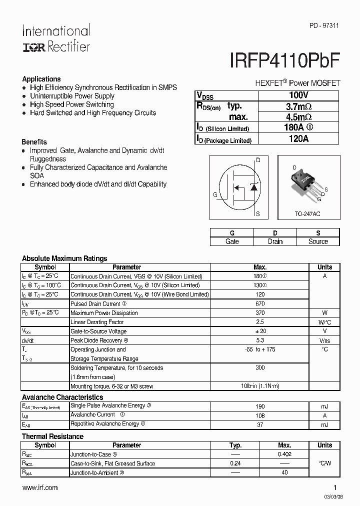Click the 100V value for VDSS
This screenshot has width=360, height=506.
[x=298, y=94]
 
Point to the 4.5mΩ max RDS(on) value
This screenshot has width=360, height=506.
[x=298, y=117]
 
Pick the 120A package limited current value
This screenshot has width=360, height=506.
[x=298, y=139]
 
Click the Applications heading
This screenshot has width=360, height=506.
[x=41, y=79]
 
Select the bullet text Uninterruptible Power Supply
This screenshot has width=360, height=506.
[x=72, y=96]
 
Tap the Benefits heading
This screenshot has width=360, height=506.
[x=34, y=142]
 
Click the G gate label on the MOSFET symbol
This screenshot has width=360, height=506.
[x=215, y=195]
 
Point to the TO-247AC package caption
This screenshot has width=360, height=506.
[x=307, y=214]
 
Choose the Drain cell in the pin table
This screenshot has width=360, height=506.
[x=275, y=241]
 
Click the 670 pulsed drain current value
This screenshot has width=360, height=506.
[x=260, y=303]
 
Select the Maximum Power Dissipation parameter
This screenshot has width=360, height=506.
[x=104, y=313]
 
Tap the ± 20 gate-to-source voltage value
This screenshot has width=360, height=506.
[x=260, y=331]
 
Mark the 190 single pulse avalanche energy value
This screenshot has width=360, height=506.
[x=260, y=406]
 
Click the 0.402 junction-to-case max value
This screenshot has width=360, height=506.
[x=284, y=454]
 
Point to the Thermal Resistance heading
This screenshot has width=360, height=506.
[x=52, y=436]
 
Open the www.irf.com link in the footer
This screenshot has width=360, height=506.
[x=40, y=487]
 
